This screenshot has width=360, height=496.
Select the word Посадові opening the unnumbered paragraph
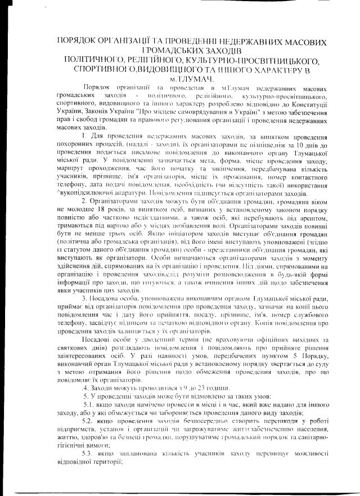click(x=99, y=340)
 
